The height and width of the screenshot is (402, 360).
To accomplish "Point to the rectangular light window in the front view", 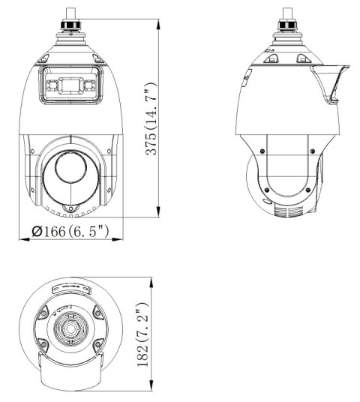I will [x=70, y=85].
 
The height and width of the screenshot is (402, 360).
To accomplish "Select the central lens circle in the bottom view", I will [x=70, y=330].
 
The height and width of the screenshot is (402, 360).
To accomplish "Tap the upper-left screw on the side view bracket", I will [x=259, y=148].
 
